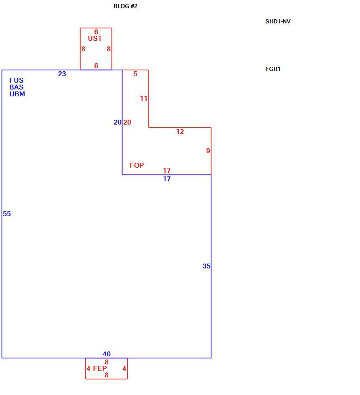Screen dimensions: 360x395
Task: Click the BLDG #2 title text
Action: [125, 6]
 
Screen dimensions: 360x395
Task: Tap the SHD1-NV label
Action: [278, 21]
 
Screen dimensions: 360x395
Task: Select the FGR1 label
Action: [273, 69]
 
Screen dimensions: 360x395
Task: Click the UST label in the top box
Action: [95, 38]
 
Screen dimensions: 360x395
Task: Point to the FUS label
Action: [17, 80]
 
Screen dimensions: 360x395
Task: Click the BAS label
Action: [17, 87]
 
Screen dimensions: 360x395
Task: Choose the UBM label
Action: [17, 94]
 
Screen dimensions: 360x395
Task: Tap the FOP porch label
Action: [137, 165]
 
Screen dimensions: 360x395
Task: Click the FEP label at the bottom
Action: [100, 368]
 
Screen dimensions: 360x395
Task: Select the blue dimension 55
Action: [7, 214]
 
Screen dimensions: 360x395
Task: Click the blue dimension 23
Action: [62, 74]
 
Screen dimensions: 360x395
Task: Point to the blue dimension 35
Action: [207, 266]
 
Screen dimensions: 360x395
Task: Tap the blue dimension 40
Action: [106, 354]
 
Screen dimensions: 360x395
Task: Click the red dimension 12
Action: [180, 132]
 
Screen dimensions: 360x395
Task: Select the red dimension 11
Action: [144, 98]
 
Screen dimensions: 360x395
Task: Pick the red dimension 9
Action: [208, 151]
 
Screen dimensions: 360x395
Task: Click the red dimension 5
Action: [135, 74]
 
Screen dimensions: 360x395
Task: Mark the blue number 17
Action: [167, 179]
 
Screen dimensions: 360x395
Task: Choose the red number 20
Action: [127, 123]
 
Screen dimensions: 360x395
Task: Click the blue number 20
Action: [118, 123]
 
